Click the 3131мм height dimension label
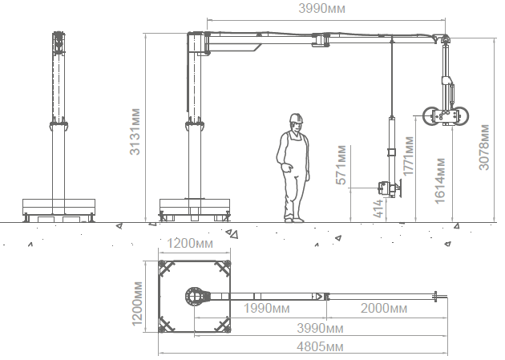click(135, 131)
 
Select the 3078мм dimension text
click(483, 148)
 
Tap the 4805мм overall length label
click(320, 347)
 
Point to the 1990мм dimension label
click(266, 309)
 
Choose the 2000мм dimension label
click(384, 309)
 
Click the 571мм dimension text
click(341, 165)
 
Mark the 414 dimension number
click(378, 208)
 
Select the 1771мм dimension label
click(408, 156)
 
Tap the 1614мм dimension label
click(439, 180)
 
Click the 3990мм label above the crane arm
click(321, 8)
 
